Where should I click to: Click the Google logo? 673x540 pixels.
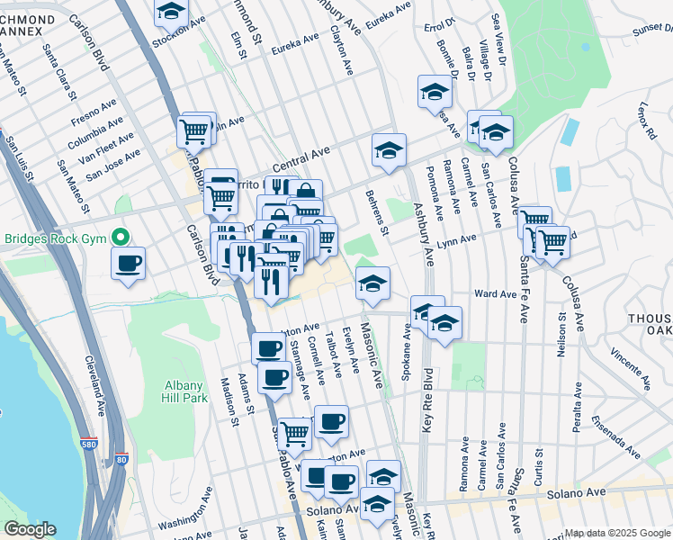tap(30, 529)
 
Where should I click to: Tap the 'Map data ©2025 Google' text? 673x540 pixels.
tap(617, 533)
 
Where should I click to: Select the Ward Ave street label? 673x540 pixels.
tap(495, 294)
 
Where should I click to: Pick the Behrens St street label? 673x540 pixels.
tap(377, 212)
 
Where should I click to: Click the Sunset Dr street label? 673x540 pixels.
tap(651, 29)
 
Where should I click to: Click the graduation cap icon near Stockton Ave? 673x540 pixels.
tap(170, 13)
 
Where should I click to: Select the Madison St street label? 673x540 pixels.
tap(227, 401)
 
